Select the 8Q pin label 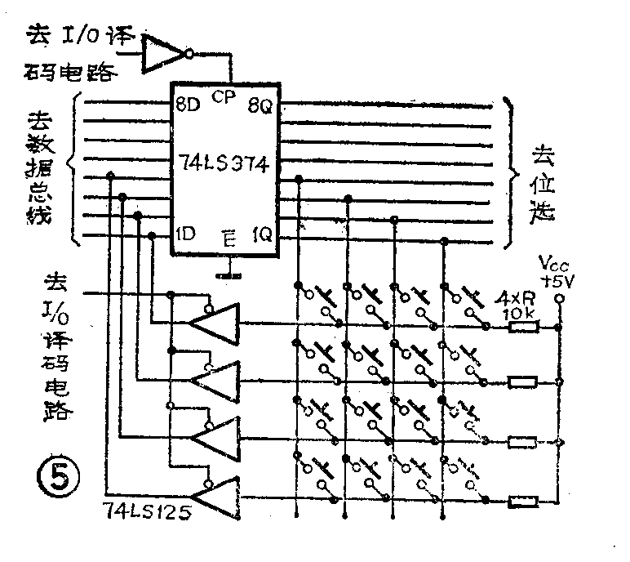click(x=262, y=105)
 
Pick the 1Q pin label click(x=263, y=235)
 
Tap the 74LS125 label click(x=143, y=514)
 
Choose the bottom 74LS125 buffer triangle click(x=214, y=494)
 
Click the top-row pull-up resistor click(x=523, y=328)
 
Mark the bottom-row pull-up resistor click(x=523, y=501)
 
